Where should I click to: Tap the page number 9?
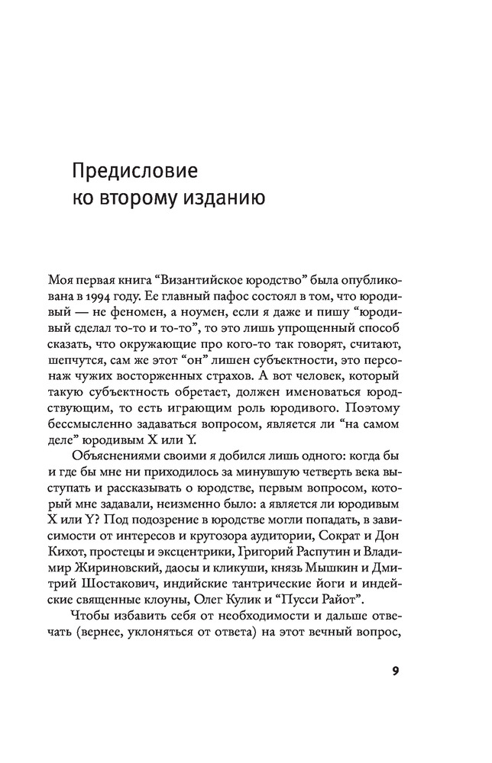pos(395,671)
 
